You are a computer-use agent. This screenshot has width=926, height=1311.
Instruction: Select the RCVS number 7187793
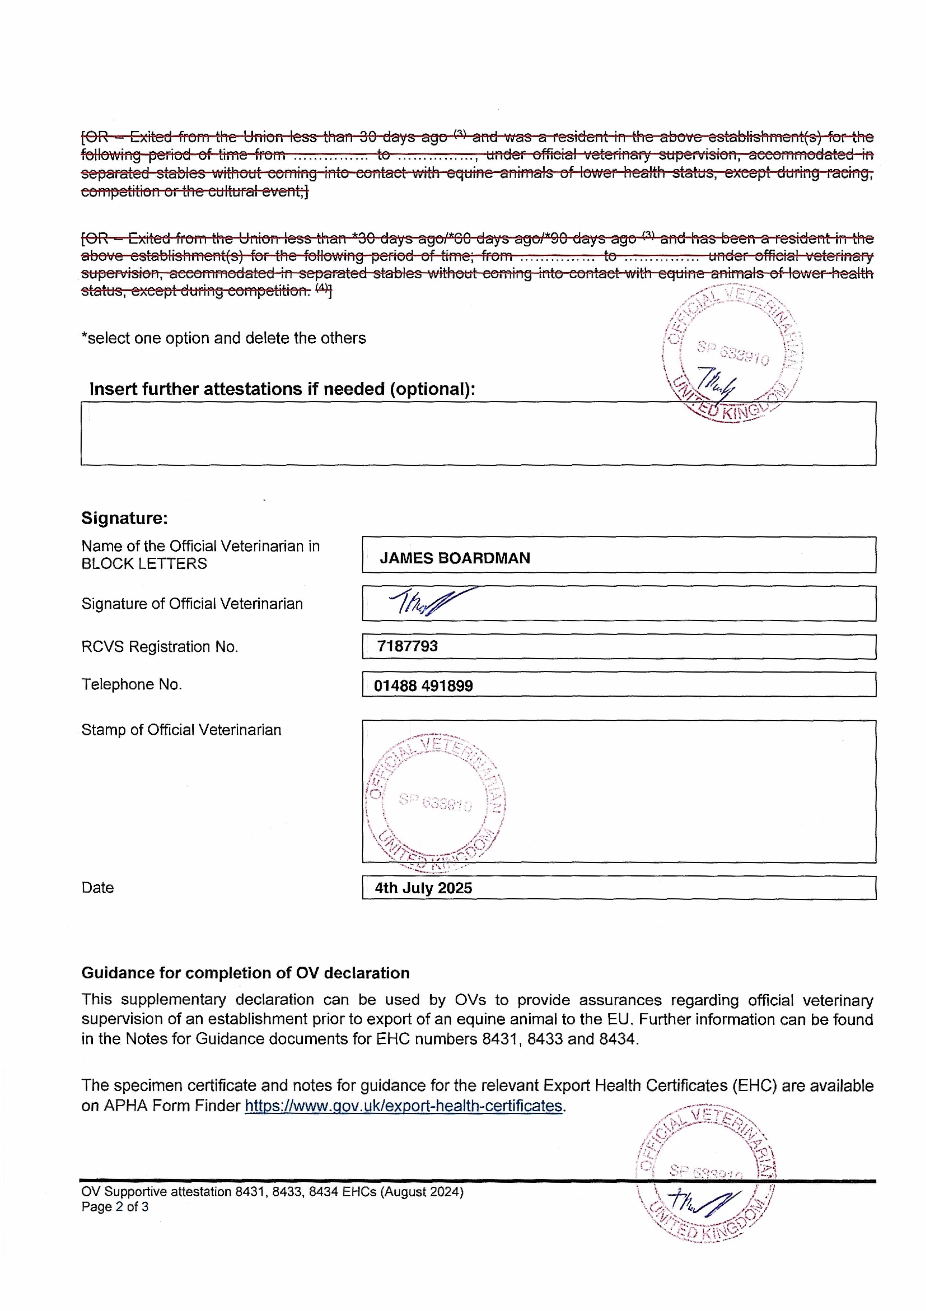407,646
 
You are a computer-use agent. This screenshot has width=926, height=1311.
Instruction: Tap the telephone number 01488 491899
423,686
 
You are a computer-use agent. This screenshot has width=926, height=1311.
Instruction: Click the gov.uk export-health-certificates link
404,1106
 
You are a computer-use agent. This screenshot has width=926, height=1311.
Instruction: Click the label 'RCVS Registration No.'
159,647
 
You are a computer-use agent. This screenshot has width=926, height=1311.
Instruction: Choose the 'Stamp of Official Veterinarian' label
181,730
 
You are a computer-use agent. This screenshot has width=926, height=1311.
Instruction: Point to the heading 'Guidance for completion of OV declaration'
246,973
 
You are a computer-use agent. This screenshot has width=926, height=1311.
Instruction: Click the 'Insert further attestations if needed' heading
282,389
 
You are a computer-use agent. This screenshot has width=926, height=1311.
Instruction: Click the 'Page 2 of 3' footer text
115,1206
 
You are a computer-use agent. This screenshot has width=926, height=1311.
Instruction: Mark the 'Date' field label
98,888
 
